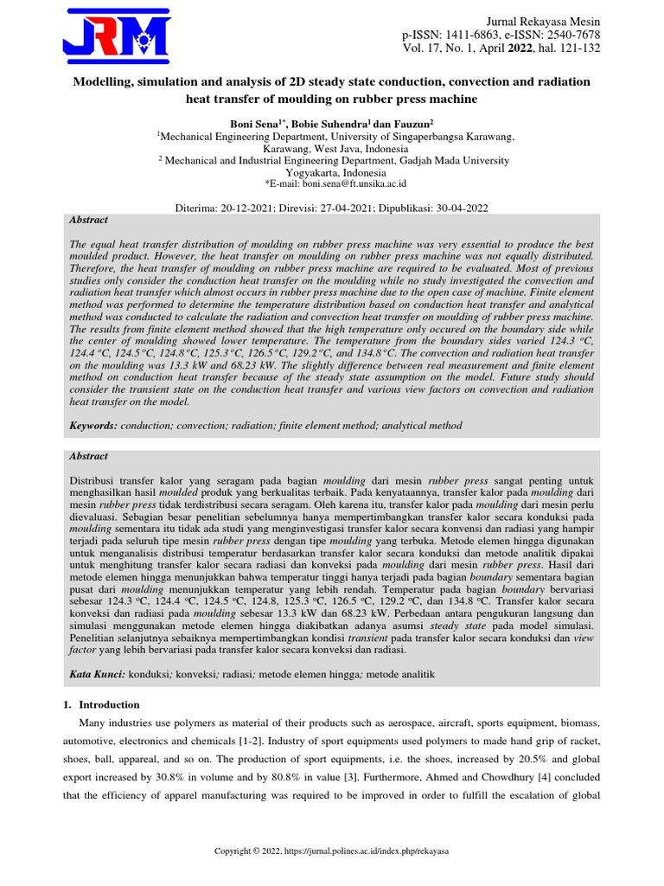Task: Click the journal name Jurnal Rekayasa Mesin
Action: point(544,21)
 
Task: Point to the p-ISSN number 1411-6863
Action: point(468,35)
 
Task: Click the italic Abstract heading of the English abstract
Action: point(88,221)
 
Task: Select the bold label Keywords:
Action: point(93,426)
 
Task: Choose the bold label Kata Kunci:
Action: point(97,673)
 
